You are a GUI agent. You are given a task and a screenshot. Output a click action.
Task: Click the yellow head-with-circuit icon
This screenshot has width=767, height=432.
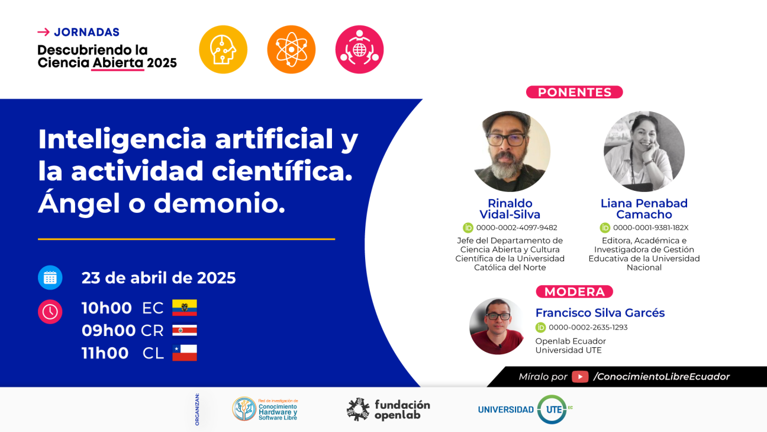coord(223,49)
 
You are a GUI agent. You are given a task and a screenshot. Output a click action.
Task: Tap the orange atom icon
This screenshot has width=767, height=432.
coord(291,49)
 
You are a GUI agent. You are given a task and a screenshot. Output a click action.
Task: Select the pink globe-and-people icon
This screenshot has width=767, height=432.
coord(359,49)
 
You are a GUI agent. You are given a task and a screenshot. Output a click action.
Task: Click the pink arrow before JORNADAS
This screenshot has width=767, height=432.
coord(43,32)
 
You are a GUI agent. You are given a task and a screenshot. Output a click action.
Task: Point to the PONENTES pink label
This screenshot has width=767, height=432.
coord(574,92)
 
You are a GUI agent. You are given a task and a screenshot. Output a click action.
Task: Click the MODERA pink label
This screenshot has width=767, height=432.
coord(574,292)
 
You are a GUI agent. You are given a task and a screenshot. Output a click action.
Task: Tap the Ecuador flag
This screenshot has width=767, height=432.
coord(185,308)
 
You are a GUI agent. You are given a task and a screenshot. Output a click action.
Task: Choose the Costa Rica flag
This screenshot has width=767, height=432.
coord(185,330)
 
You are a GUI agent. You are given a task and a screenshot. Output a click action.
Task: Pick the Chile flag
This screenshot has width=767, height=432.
coord(185,353)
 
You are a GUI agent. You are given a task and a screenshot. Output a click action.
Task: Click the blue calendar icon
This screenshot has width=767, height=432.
coord(50,278)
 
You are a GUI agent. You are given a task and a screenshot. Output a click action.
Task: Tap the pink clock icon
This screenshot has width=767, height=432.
coord(50,312)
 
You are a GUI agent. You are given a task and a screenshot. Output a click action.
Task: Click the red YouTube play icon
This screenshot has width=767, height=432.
coord(580,376)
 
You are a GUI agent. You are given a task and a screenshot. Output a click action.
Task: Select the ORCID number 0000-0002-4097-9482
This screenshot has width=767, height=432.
coord(516,228)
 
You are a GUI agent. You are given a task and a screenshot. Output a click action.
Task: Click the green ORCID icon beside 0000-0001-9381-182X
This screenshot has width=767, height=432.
coord(605,228)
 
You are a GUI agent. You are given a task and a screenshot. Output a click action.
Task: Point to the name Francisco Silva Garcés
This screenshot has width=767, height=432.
coord(600,313)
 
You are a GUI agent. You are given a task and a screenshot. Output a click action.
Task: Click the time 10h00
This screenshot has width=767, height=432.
coord(107,308)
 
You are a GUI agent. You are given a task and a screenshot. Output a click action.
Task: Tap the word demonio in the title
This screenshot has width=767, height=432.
coord(219,203)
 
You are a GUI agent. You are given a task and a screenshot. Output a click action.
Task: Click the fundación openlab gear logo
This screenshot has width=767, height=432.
coord(358,409)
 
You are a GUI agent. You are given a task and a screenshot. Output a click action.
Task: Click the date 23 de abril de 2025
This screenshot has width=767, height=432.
coord(159,278)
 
